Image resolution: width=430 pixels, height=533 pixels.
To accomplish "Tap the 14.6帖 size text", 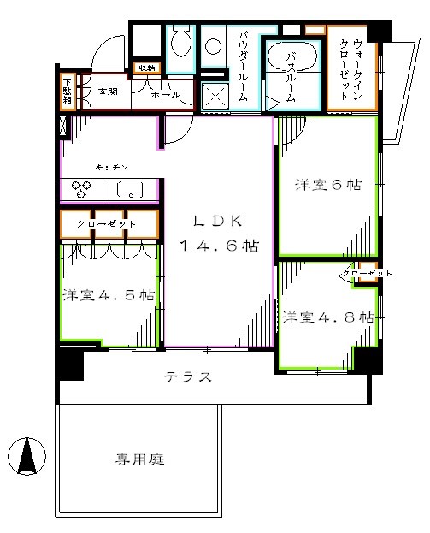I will click(219, 246).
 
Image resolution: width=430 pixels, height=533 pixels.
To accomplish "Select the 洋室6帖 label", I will click(328, 184).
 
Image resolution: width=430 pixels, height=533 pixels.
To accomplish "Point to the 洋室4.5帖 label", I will click(108, 296).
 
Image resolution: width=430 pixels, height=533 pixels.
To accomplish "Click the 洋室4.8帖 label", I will click(329, 317).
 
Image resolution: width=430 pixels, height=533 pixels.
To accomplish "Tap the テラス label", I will click(187, 377).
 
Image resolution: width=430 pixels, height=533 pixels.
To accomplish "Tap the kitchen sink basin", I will click(131, 189).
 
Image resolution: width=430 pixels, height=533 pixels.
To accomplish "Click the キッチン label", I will click(112, 169).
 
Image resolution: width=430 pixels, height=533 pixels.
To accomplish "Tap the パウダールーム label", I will click(243, 67).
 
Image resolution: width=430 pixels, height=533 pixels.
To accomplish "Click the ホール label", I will click(165, 94).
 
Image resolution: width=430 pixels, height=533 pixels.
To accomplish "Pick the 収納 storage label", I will click(144, 68).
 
